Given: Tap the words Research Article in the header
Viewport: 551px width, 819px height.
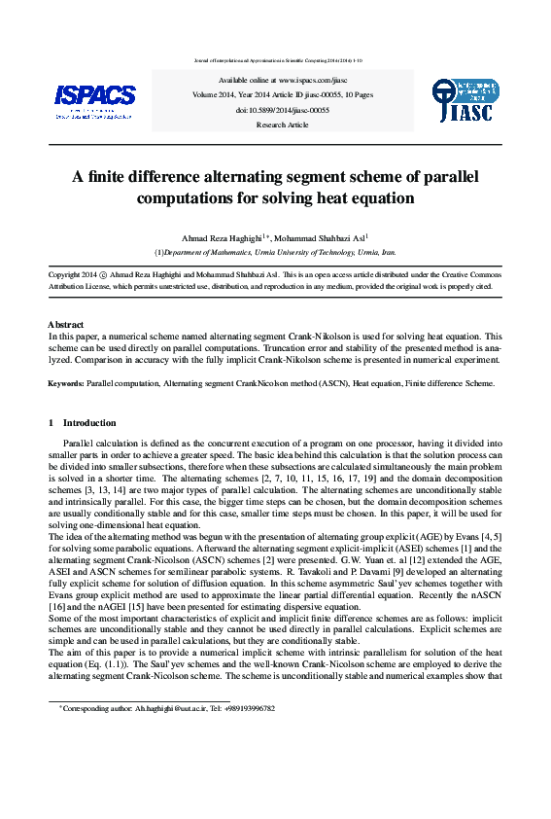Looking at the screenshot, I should pos(282,125).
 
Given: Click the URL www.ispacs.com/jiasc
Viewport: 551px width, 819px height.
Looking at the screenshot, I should pos(312,80).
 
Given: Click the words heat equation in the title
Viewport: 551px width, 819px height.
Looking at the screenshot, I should pos(373,198).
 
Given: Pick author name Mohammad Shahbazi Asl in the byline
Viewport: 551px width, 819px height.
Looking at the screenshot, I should pos(319,238).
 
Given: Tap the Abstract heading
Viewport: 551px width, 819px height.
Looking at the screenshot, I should pos(65,324).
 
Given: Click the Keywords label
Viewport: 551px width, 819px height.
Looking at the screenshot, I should pos(66,383).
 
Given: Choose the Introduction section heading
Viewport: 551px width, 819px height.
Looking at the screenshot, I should pos(88,423).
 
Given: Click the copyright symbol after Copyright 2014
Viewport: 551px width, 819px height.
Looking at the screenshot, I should pos(104,275).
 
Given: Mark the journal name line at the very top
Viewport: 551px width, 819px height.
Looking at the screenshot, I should pos(275,59).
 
